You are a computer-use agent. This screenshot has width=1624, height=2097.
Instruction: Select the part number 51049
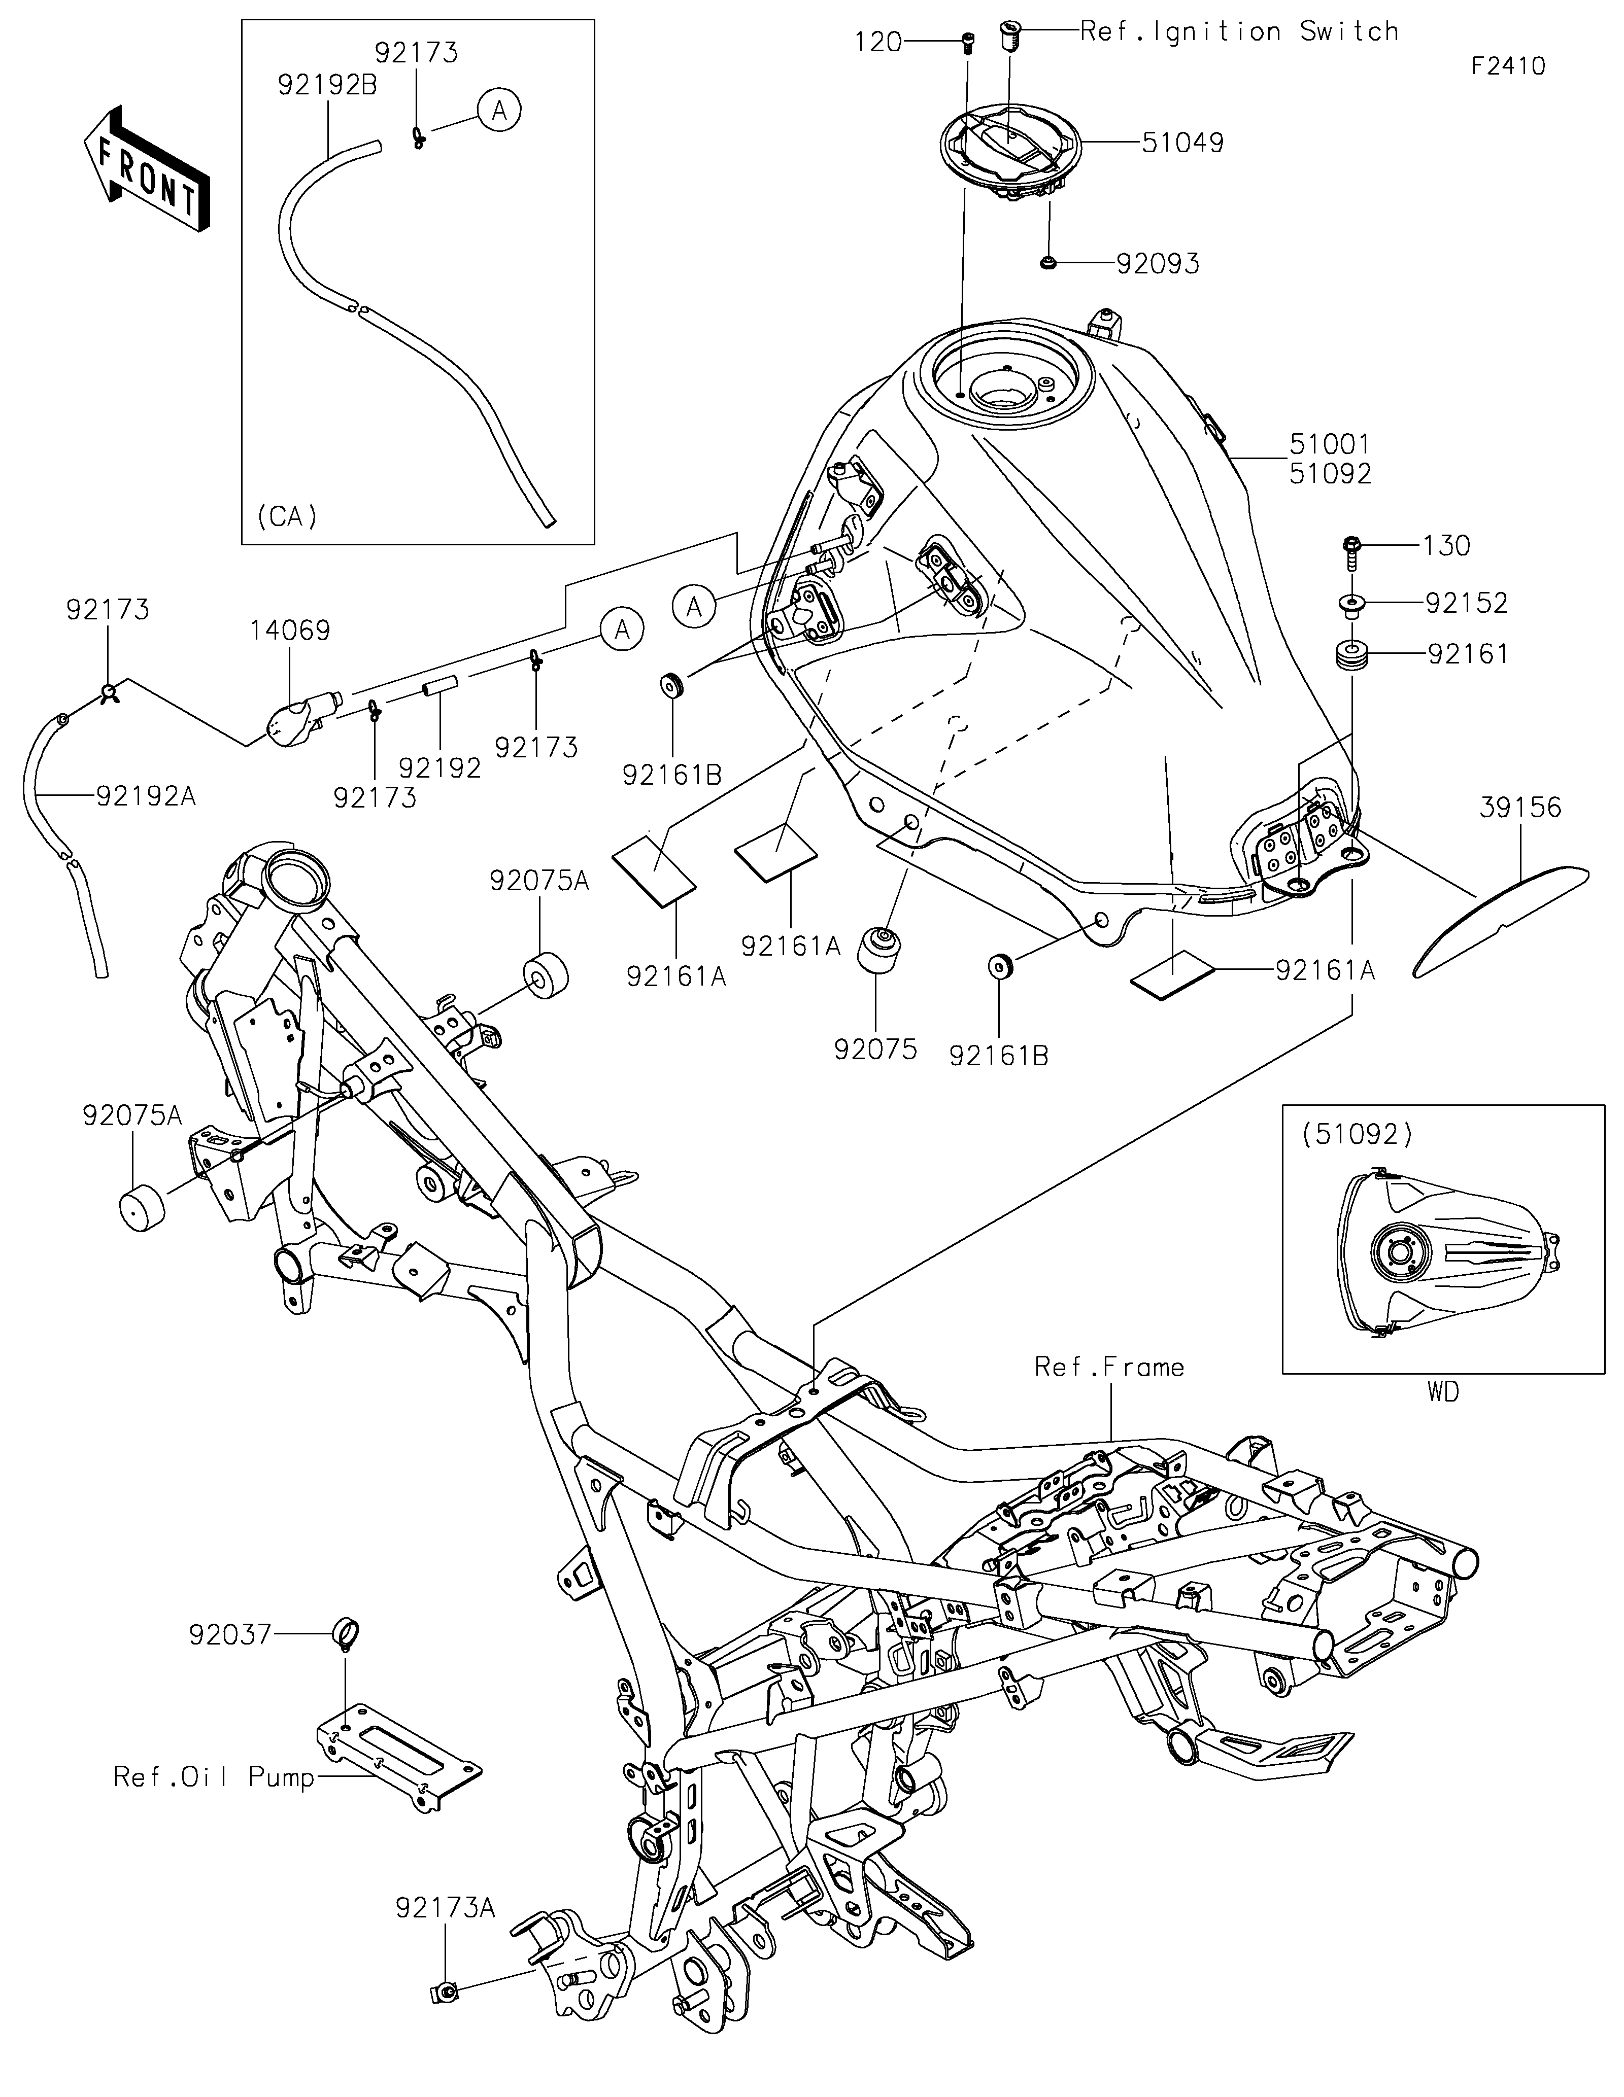pyautogui.click(x=1182, y=143)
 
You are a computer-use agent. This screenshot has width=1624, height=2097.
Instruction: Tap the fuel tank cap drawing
pyautogui.click(x=1010, y=154)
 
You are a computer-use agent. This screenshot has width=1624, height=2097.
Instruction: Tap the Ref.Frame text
pyautogui.click(x=1109, y=1367)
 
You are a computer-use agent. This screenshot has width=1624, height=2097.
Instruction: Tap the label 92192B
pyautogui.click(x=327, y=85)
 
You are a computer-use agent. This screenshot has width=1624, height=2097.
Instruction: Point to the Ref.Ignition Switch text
pyautogui.click(x=1239, y=31)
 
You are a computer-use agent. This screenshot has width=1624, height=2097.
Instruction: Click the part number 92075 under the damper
pyautogui.click(x=876, y=1050)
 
